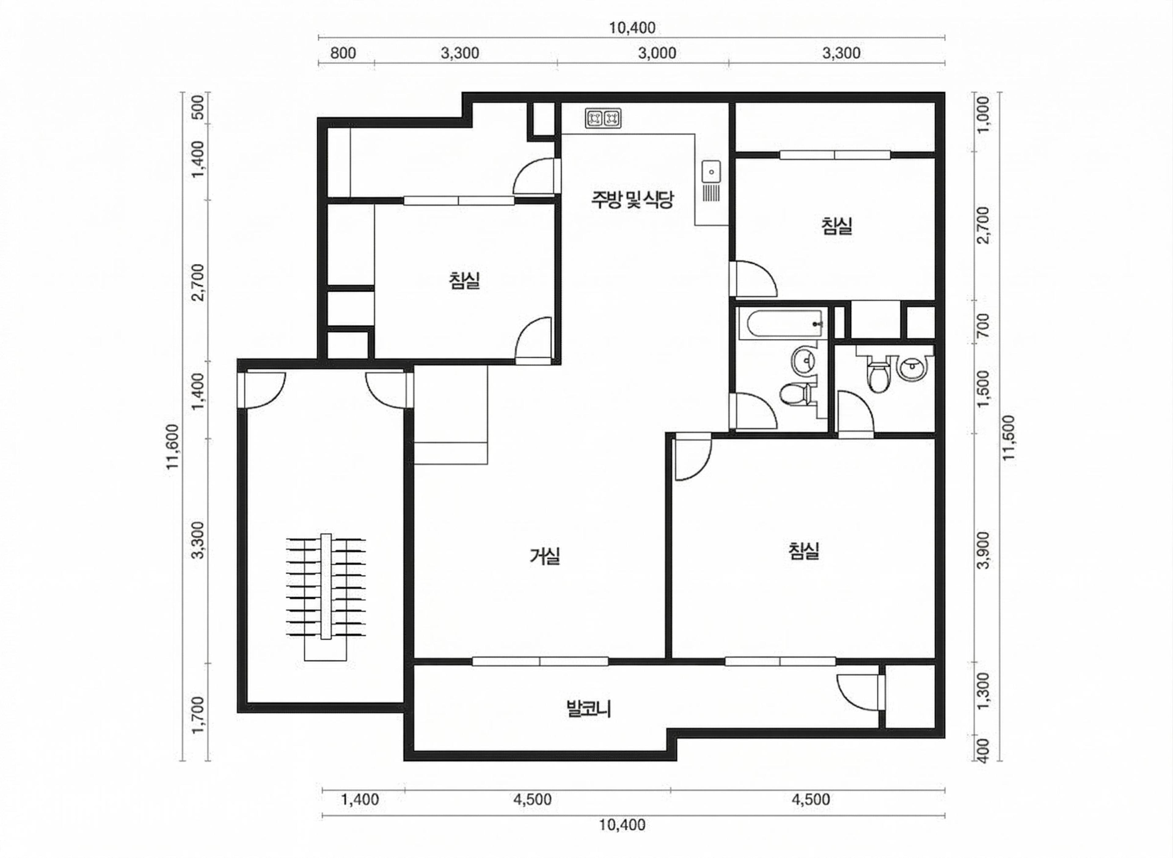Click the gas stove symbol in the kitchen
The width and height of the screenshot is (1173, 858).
[603, 118]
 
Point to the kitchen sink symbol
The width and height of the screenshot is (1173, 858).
[711, 172]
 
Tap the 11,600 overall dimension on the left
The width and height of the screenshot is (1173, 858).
[173, 446]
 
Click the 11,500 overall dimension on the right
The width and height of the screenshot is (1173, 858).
[1008, 437]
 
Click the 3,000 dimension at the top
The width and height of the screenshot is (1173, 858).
[657, 53]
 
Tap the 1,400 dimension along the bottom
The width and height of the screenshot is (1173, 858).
[360, 799]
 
